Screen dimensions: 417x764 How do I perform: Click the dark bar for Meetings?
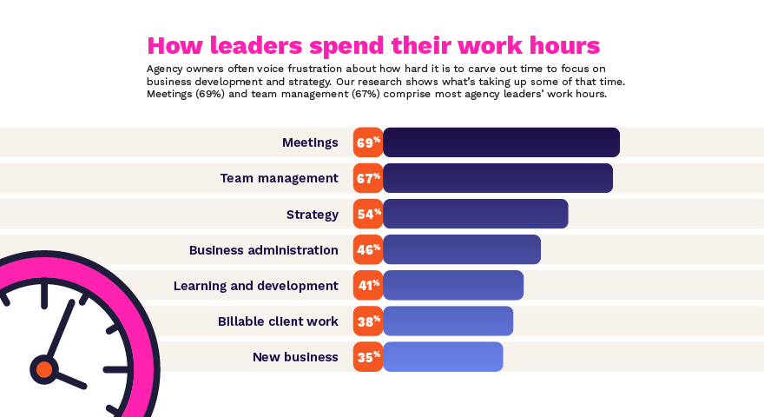click(x=501, y=142)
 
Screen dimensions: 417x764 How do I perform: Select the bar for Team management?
click(x=497, y=178)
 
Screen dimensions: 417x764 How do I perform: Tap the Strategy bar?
click(x=475, y=214)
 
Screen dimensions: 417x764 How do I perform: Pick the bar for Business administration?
click(x=461, y=249)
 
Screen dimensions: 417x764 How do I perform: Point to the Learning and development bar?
click(x=452, y=285)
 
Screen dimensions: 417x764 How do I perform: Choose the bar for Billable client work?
click(x=447, y=321)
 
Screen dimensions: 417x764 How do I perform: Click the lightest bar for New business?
click(x=442, y=356)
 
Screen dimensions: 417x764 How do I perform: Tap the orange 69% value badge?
click(x=368, y=142)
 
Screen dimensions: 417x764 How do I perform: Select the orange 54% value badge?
click(x=368, y=214)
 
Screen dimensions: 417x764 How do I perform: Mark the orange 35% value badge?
click(x=368, y=356)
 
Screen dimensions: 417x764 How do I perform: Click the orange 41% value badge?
click(x=368, y=285)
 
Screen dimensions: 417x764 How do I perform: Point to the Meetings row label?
click(x=310, y=142)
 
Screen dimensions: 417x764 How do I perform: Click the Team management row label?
click(x=279, y=178)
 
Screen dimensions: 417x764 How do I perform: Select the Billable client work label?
click(x=278, y=321)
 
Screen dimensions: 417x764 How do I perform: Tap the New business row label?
click(x=295, y=357)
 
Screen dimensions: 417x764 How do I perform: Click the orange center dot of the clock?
click(x=44, y=369)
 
